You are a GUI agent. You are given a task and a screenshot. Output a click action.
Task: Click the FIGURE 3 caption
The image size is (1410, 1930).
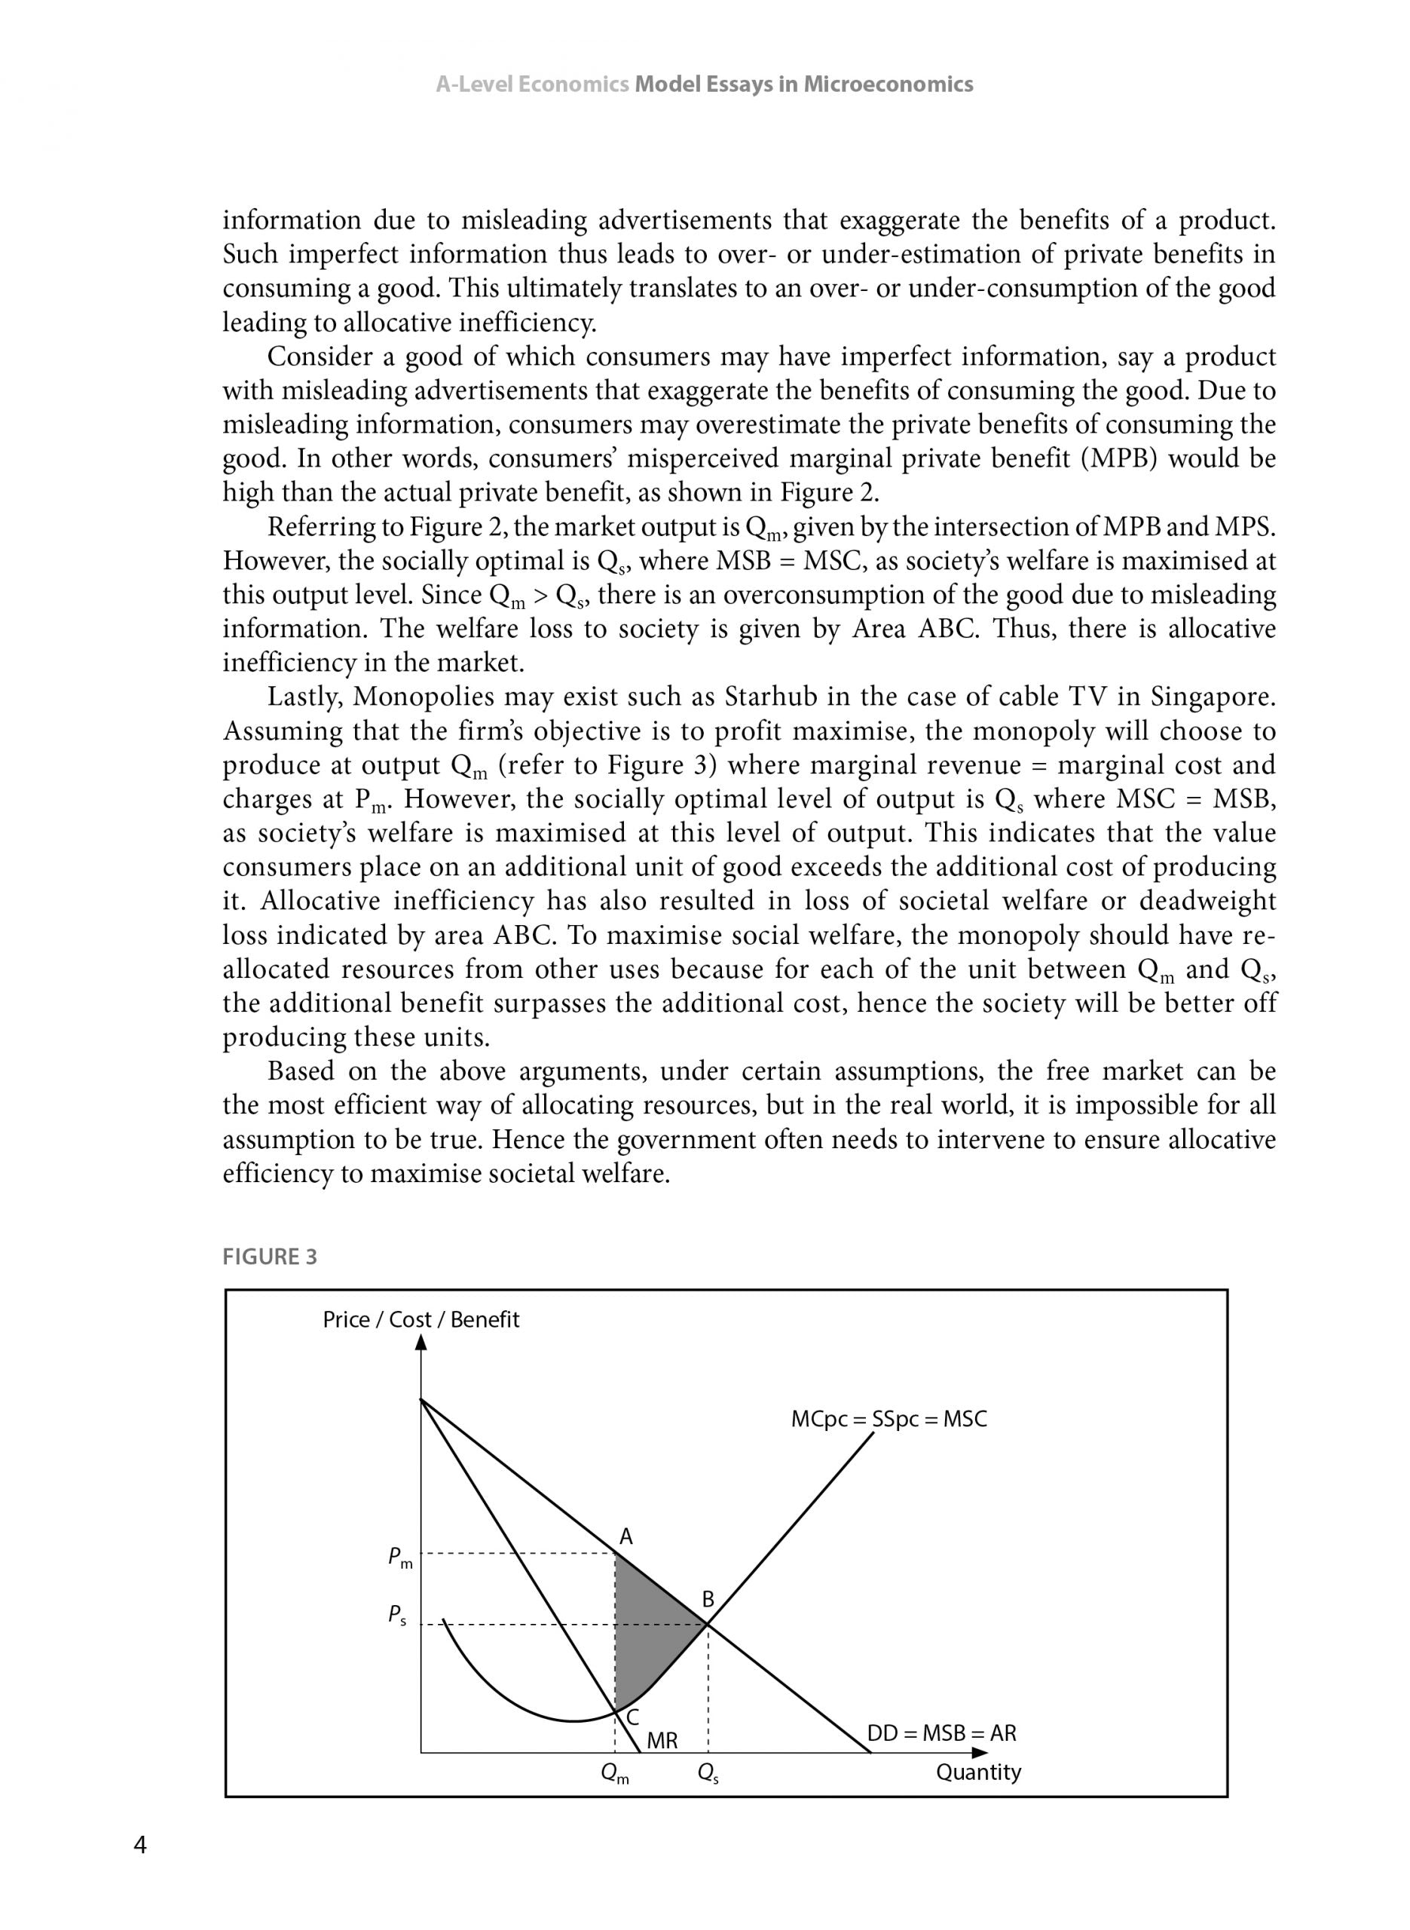coord(270,1258)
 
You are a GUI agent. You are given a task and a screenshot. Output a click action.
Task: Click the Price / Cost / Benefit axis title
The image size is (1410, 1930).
coord(421,1319)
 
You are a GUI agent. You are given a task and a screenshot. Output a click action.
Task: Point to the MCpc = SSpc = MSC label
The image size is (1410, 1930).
coord(889,1420)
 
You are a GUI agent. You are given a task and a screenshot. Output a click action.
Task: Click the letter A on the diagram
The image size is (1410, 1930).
coord(625,1537)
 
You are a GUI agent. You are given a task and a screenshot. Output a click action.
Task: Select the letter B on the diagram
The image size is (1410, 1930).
coord(708,1601)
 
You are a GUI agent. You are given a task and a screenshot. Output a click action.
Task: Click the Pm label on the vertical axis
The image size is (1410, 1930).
coord(400,1558)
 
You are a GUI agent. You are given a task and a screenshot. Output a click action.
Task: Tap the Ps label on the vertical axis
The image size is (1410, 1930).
coord(397,1615)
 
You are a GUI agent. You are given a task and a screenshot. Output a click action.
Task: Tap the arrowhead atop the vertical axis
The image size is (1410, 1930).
coord(421,1342)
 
